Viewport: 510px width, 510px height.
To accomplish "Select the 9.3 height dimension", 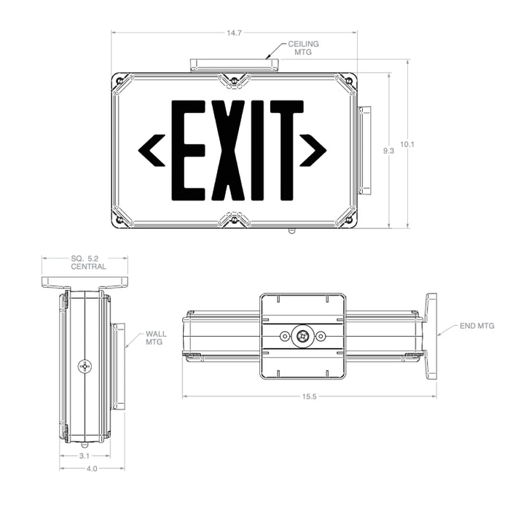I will (388, 150).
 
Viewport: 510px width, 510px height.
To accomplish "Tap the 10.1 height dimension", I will (408, 144).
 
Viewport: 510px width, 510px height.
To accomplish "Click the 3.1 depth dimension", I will (85, 455).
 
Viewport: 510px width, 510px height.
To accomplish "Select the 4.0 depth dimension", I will (92, 468).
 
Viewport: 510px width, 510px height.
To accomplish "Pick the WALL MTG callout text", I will (155, 337).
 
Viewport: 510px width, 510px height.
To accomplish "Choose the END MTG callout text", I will (477, 327).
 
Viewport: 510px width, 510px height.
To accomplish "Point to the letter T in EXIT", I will (286, 150).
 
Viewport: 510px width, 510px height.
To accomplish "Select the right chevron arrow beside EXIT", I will (315, 150).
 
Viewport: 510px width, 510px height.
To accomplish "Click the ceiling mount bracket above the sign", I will (234, 66).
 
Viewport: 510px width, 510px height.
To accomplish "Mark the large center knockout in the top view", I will (301, 336).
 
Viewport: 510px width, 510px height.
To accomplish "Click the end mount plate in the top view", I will (431, 336).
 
